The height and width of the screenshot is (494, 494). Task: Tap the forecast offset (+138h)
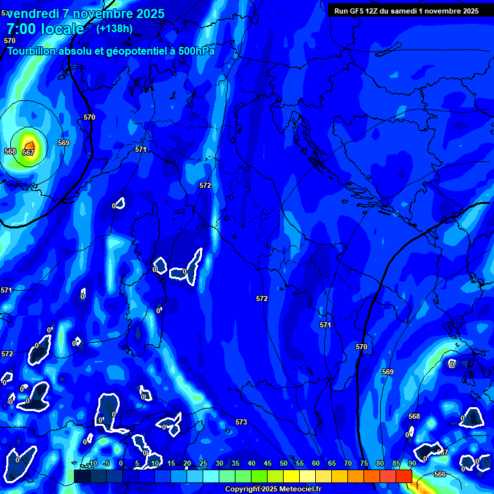[x=114, y=28]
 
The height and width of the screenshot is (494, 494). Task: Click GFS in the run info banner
[x=357, y=10]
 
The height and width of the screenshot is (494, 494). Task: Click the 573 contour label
[x=241, y=422]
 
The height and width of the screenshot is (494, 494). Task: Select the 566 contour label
[x=439, y=474]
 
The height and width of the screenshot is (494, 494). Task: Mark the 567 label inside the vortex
[x=28, y=152]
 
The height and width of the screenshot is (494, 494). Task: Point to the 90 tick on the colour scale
[x=412, y=463]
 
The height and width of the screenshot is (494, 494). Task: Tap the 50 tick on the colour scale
[x=284, y=463]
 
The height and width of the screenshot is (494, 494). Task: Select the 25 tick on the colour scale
[x=203, y=463]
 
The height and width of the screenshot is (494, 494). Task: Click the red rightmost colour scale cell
[x=404, y=476]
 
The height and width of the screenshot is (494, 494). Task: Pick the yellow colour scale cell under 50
[x=291, y=476]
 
